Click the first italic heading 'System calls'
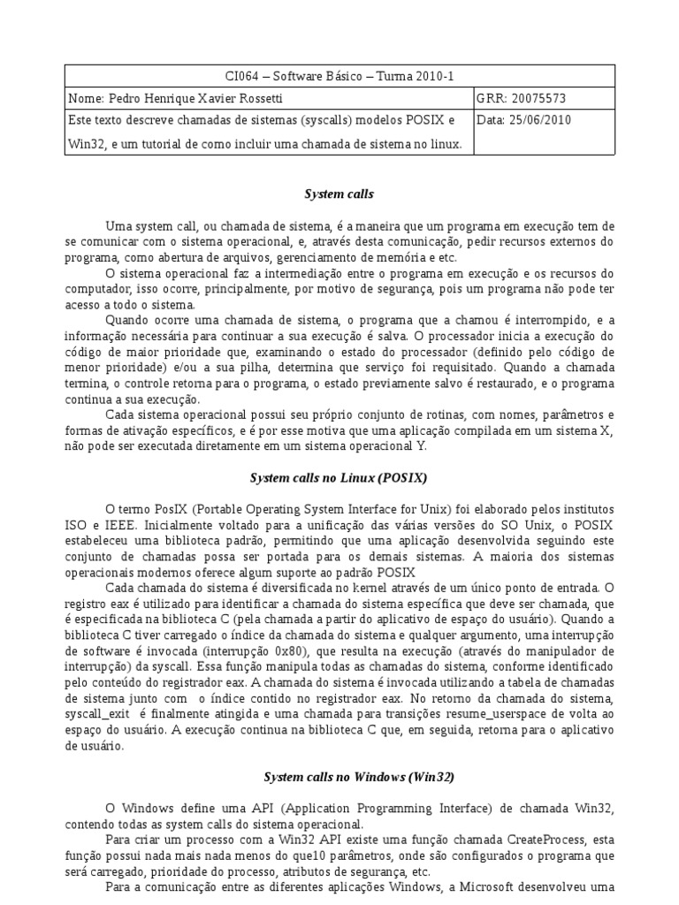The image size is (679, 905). (x=339, y=193)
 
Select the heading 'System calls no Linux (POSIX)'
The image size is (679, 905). (x=339, y=478)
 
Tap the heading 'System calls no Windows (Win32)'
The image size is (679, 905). (x=359, y=777)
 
